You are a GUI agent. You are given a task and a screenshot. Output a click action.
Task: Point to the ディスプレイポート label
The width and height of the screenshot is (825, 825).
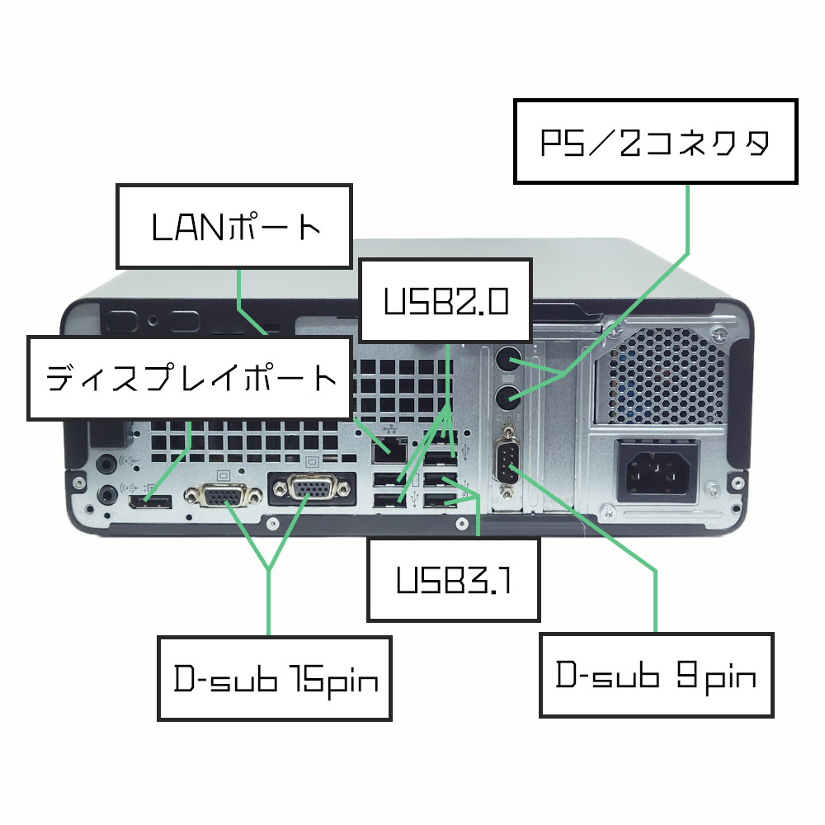(189, 378)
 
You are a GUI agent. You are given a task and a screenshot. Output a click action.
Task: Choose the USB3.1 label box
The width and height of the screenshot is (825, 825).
(454, 579)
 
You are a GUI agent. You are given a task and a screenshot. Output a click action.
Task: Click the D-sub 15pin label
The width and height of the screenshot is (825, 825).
(275, 677)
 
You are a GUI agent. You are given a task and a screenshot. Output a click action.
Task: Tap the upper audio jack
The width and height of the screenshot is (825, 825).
(106, 464)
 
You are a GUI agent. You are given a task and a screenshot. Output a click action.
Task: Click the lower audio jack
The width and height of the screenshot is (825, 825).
(106, 494)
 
